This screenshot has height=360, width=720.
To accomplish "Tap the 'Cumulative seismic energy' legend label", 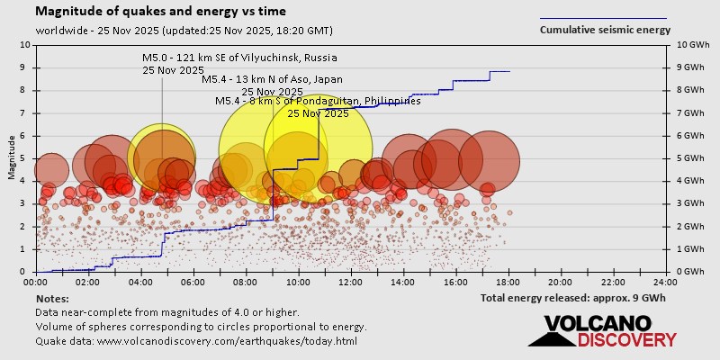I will tap(605, 30).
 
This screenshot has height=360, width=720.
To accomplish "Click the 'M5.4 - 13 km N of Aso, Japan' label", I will tap(272, 80).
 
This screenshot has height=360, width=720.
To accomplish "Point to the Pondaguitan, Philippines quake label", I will tap(318, 101).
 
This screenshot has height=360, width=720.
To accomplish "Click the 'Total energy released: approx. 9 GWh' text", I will tap(574, 298).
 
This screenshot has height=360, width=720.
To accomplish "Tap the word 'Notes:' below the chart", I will tap(52, 298).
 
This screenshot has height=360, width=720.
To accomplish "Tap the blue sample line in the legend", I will tap(603, 18).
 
